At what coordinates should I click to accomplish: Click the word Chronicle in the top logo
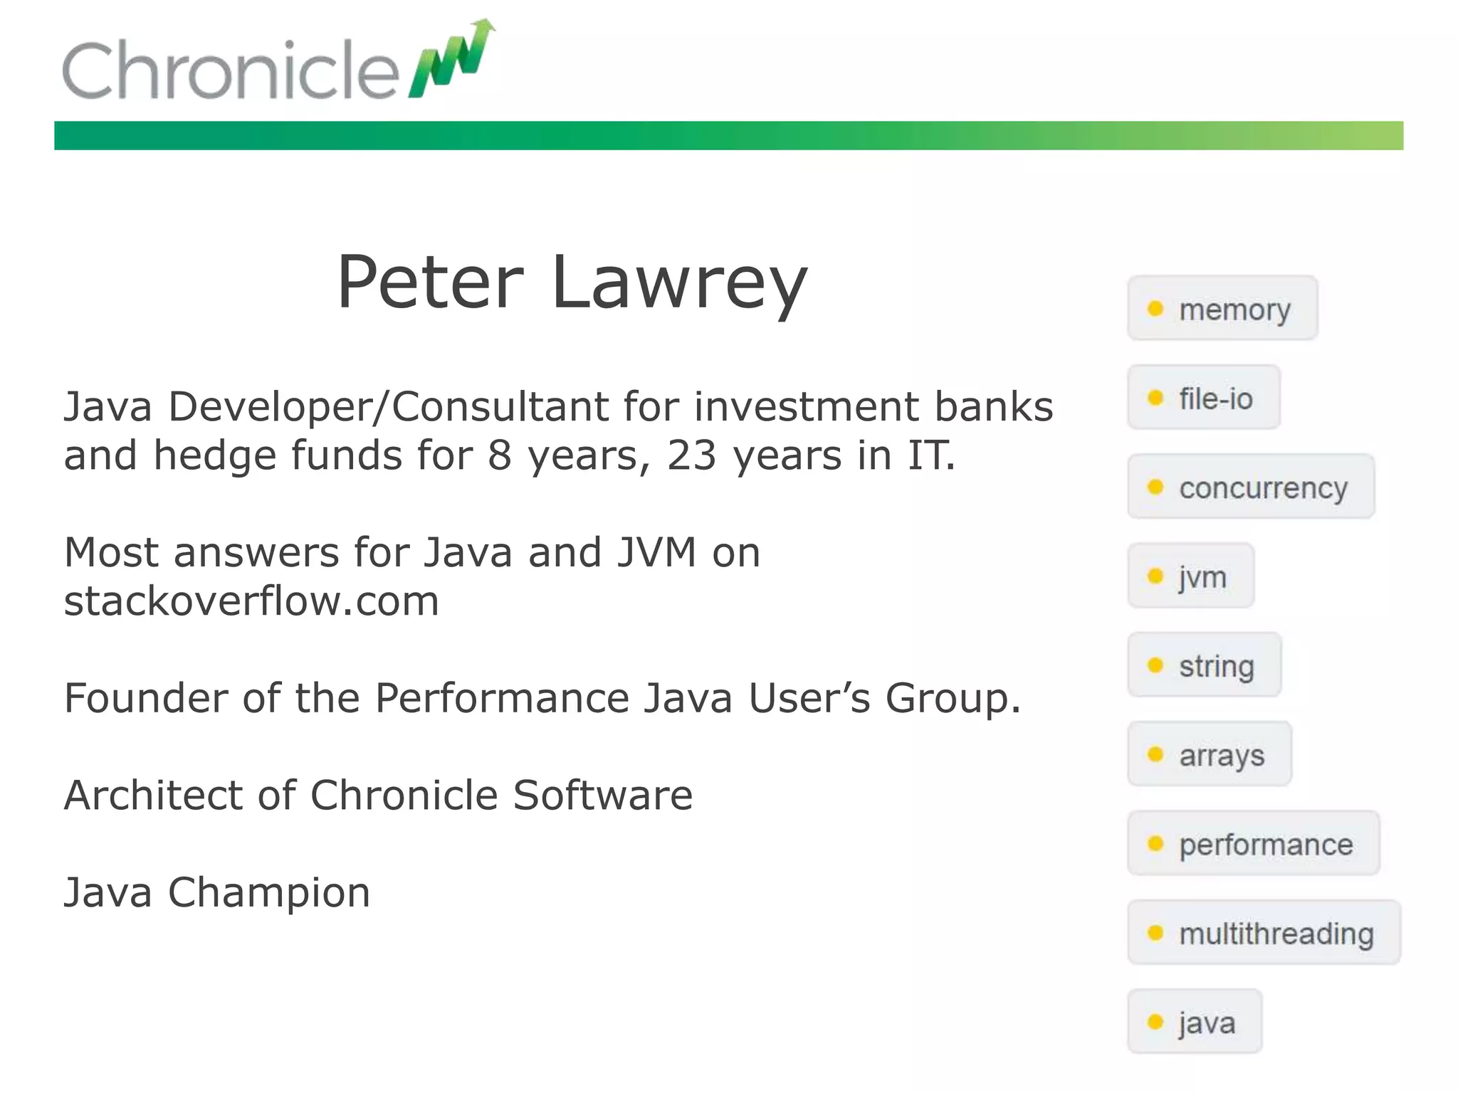click(x=230, y=70)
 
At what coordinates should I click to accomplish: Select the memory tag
click(x=1222, y=309)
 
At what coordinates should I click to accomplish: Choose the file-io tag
click(x=1204, y=398)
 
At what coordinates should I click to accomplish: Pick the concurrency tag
click(x=1251, y=487)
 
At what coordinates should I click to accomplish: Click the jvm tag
click(x=1191, y=576)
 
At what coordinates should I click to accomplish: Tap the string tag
click(x=1205, y=665)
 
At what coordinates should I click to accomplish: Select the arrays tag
click(x=1210, y=754)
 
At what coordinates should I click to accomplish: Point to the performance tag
click(x=1254, y=844)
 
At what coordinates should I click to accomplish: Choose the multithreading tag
click(x=1264, y=933)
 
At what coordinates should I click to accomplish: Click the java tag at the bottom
click(x=1195, y=1022)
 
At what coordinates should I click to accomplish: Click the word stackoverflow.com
click(x=251, y=601)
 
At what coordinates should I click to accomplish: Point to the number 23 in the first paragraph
click(x=691, y=455)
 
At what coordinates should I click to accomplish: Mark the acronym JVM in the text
click(x=656, y=553)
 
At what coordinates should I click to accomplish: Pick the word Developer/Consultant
click(x=389, y=407)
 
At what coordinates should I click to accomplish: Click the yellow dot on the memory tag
click(x=1155, y=309)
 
